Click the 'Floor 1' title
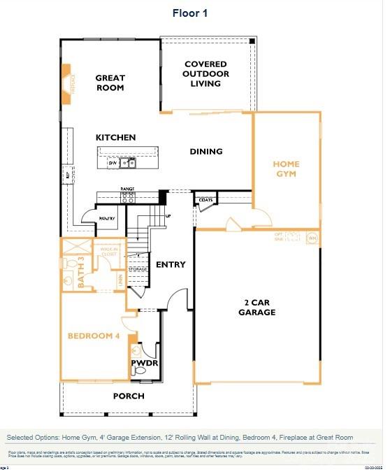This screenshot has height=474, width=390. [x=190, y=13]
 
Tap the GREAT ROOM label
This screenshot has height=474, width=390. [x=110, y=83]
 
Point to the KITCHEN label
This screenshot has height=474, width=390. [x=116, y=138]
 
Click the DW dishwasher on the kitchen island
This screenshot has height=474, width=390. [x=112, y=163]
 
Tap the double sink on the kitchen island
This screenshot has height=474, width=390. [x=128, y=163]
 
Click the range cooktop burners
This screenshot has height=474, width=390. [x=127, y=198]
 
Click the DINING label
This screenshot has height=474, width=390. [x=206, y=152]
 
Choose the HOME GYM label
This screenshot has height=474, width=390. [x=286, y=169]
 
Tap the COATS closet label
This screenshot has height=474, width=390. [x=205, y=200]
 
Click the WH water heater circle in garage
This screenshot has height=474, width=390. [x=312, y=238]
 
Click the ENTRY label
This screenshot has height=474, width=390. [x=171, y=264]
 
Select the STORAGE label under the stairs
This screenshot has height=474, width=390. [x=138, y=268]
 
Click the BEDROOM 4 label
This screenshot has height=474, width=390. [x=94, y=336]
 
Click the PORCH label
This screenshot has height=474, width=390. [x=129, y=396]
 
